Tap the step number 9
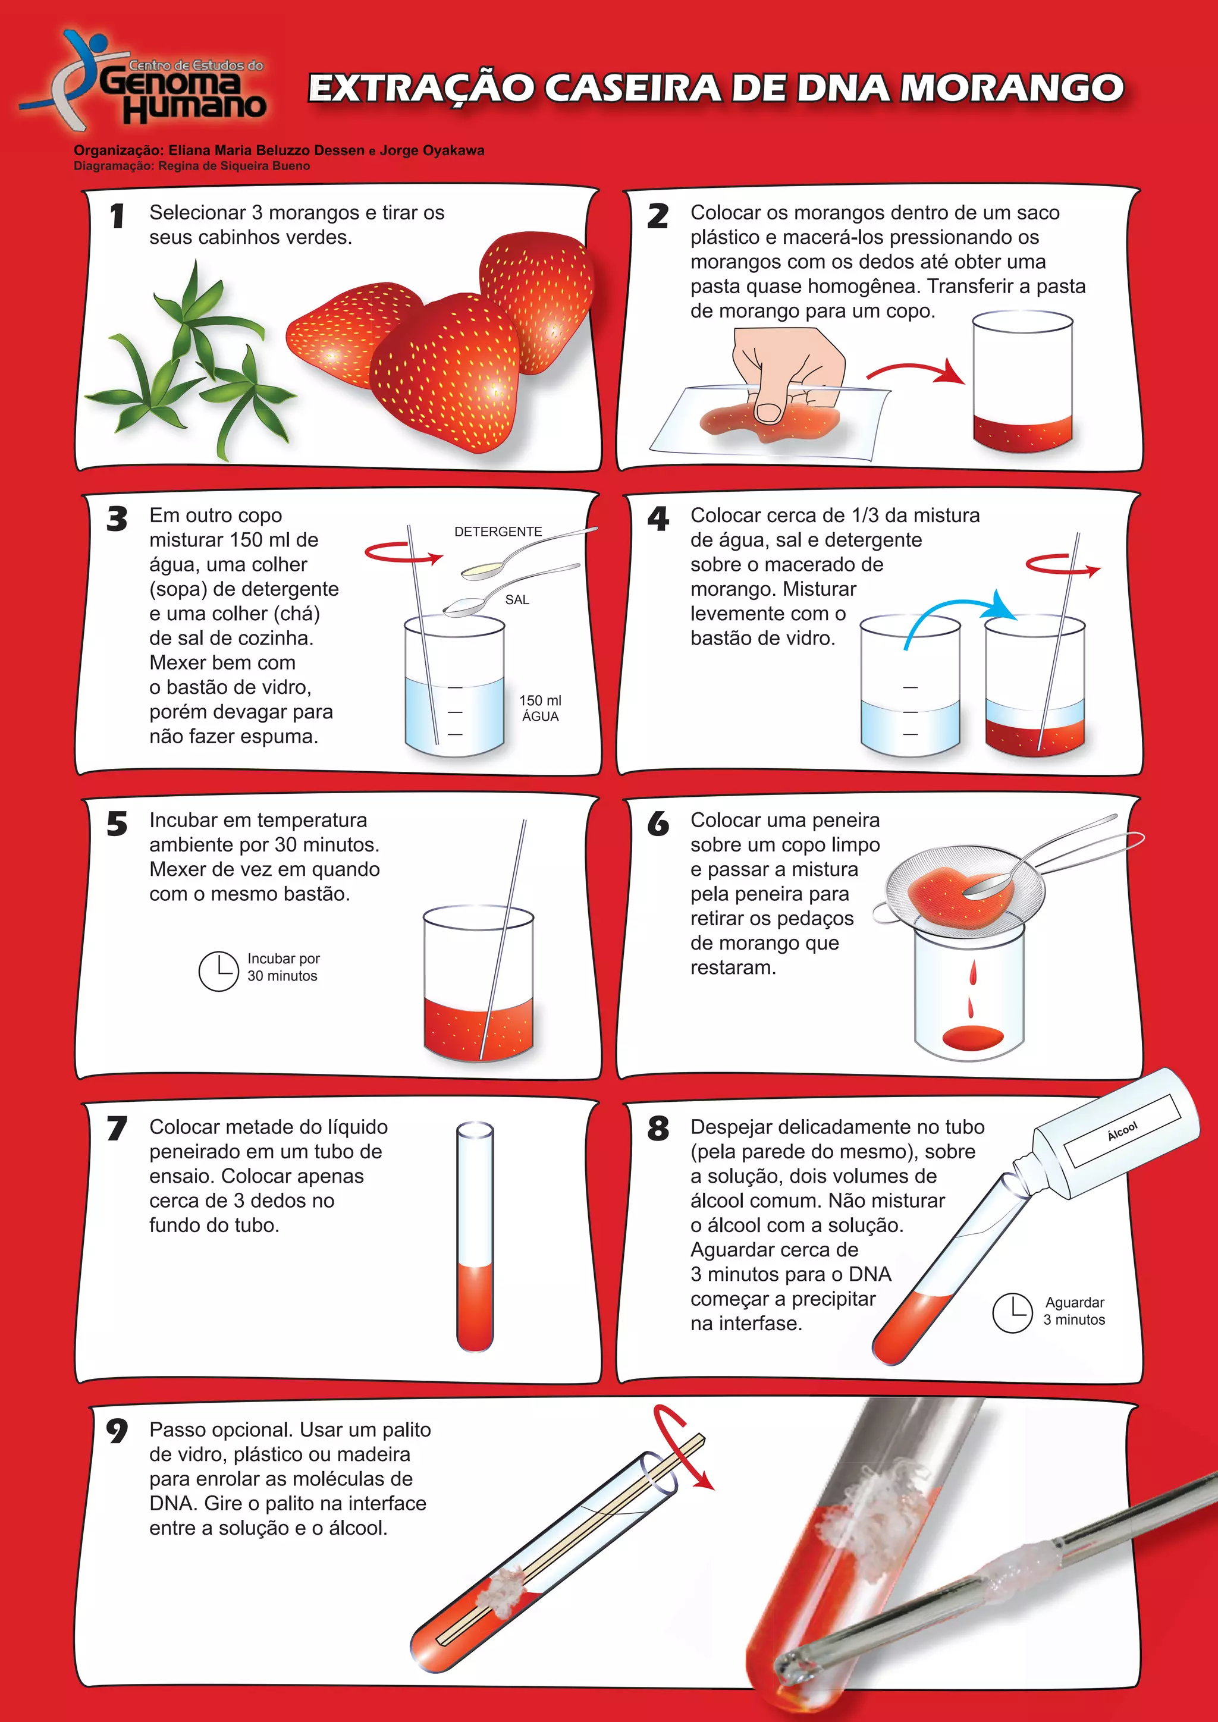[117, 1431]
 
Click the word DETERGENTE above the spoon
[498, 532]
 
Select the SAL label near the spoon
[517, 600]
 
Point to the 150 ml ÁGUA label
[540, 708]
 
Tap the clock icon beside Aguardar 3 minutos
[1012, 1312]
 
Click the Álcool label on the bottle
[1123, 1131]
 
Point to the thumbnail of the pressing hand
[769, 411]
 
